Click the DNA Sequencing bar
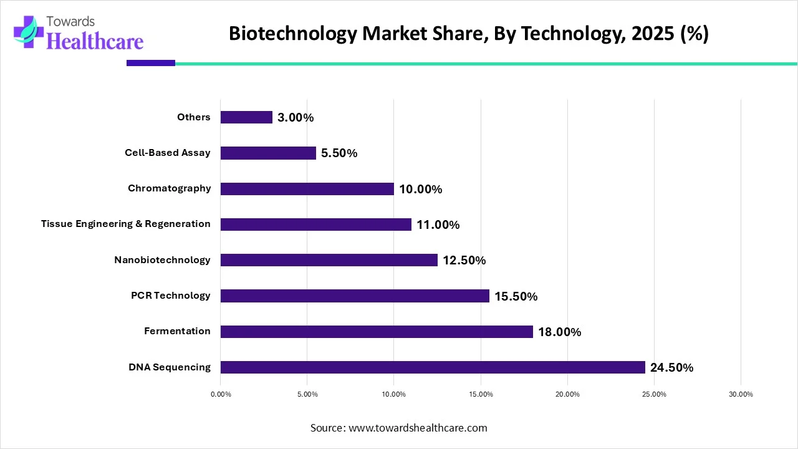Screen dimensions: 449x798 coord(433,367)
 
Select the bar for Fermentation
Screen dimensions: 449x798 coord(377,332)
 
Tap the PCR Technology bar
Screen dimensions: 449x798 coord(355,296)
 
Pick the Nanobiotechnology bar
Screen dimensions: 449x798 coord(329,260)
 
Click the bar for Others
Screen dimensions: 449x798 coord(246,117)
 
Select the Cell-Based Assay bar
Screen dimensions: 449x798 coord(268,153)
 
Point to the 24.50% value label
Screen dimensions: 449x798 coord(671,368)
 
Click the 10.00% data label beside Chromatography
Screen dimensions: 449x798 coord(420,189)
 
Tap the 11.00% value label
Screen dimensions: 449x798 coord(438,224)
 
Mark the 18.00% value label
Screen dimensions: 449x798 coord(559,332)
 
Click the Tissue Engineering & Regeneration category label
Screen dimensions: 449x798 coord(126,224)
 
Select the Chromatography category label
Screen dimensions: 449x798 coord(170,188)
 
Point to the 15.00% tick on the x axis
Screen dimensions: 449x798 coord(481,394)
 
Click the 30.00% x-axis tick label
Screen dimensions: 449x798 coord(741,394)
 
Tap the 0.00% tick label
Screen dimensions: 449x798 coord(221,394)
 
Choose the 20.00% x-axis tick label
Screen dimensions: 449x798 coord(567,394)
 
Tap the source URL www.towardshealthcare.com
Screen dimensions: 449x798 coord(417,428)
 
